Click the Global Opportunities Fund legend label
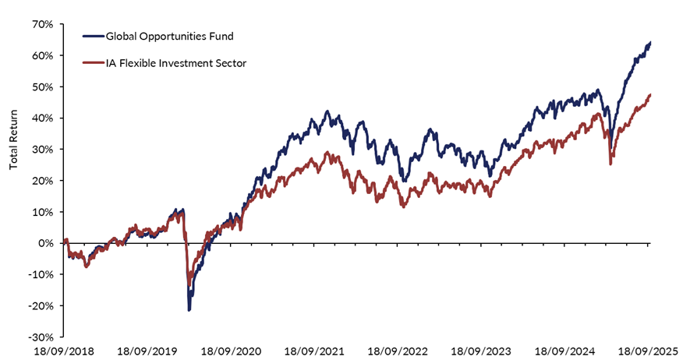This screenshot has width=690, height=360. click(168, 36)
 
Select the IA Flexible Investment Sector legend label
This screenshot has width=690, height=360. click(176, 63)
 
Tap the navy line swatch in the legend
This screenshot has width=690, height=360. click(92, 36)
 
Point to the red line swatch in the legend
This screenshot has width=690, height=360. click(92, 63)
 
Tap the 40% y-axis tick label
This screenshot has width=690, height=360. click(43, 118)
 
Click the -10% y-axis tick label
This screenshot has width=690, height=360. click(41, 274)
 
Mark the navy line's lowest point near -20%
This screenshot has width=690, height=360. click(189, 310)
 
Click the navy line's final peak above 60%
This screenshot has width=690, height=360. click(650, 42)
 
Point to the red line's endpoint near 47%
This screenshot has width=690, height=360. click(649, 95)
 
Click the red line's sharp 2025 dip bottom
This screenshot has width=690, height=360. click(610, 164)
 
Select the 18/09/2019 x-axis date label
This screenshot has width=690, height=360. click(150, 351)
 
